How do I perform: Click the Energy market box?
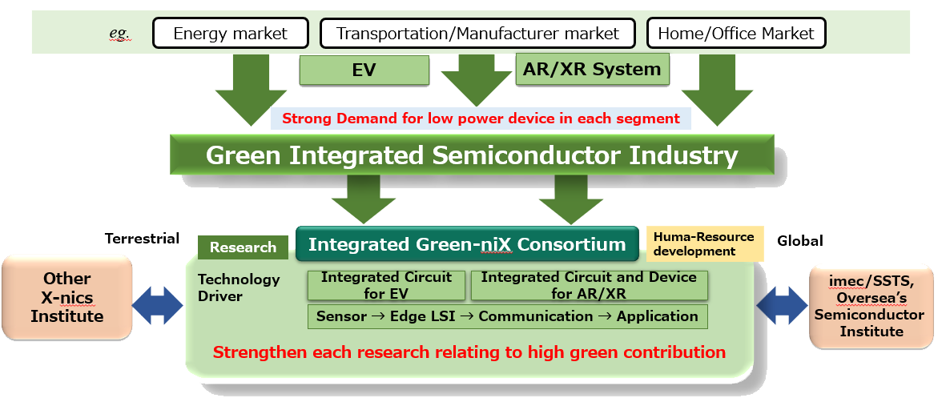pyautogui.click(x=231, y=33)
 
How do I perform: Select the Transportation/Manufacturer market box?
pyautogui.click(x=477, y=33)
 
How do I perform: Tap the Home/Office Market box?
pyautogui.click(x=736, y=33)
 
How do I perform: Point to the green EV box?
pyautogui.click(x=364, y=70)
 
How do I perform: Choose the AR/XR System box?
pyautogui.click(x=593, y=69)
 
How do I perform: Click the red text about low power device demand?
pyautogui.click(x=481, y=119)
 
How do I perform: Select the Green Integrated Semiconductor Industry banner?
pyautogui.click(x=472, y=155)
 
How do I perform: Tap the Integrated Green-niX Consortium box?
pyautogui.click(x=467, y=243)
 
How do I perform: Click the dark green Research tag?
pyautogui.click(x=244, y=247)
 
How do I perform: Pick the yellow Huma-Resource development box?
pyautogui.click(x=705, y=243)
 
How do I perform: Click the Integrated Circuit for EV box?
pyautogui.click(x=386, y=285)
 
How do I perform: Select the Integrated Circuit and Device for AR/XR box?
pyautogui.click(x=589, y=285)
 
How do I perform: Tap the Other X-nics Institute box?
pyautogui.click(x=66, y=297)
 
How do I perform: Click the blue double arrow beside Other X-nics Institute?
pyautogui.click(x=157, y=305)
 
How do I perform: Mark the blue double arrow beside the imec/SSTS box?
pyautogui.click(x=782, y=305)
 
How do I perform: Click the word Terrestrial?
pyautogui.click(x=142, y=239)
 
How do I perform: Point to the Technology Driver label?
pyautogui.click(x=239, y=287)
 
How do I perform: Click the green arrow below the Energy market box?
pyautogui.click(x=251, y=90)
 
